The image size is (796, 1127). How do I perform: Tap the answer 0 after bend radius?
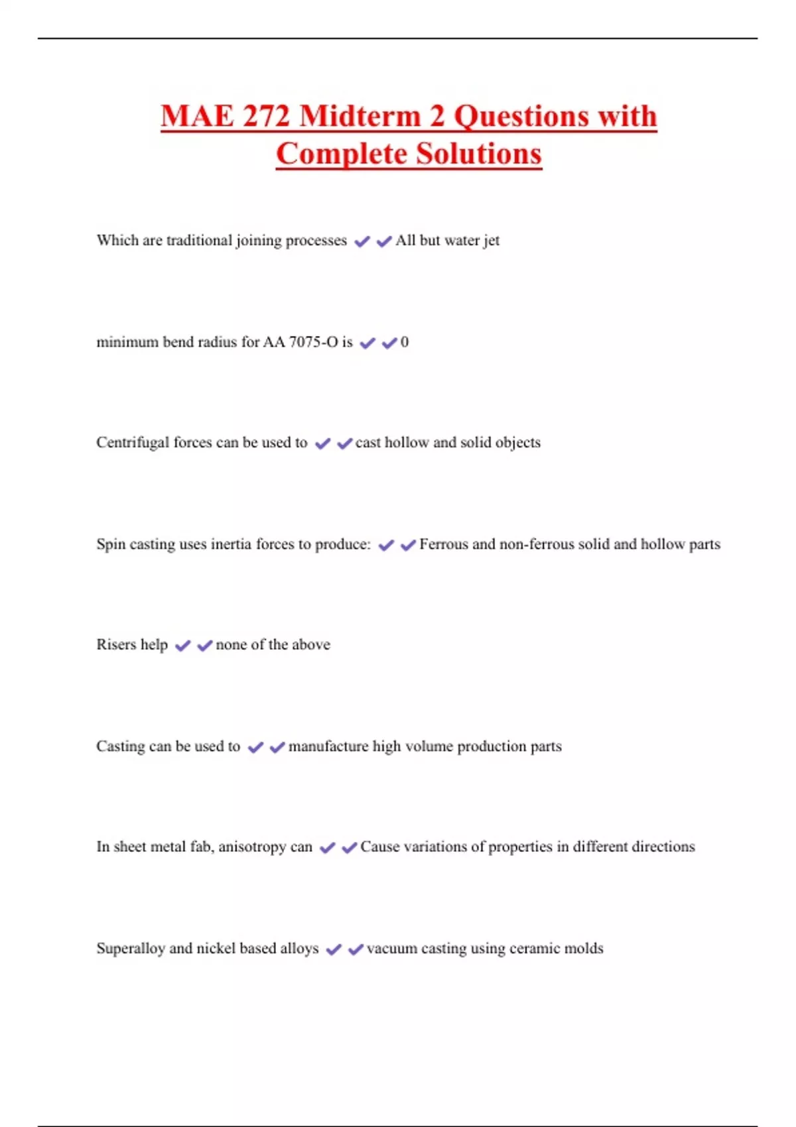point(405,342)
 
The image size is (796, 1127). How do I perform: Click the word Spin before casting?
point(111,544)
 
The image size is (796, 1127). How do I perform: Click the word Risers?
point(116,644)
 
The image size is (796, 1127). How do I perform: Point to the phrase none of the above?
point(273,644)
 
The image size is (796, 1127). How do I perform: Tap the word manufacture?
point(328,746)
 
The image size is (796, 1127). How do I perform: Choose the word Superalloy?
point(131,949)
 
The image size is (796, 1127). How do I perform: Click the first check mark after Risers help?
point(183,645)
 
